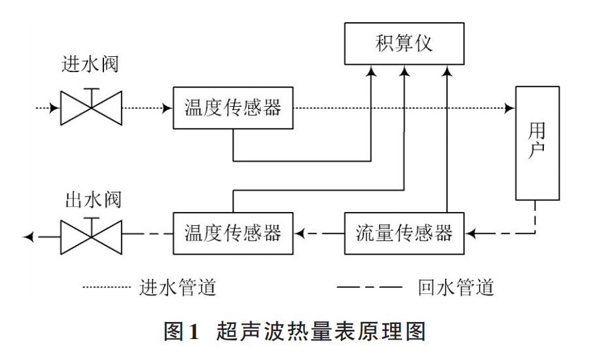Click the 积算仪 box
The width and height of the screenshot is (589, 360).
pyautogui.click(x=404, y=43)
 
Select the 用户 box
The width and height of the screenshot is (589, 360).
pyautogui.click(x=537, y=143)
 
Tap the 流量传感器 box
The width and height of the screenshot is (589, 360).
pyautogui.click(x=404, y=233)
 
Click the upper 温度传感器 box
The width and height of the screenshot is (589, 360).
pyautogui.click(x=233, y=107)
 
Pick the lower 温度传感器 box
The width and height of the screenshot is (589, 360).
pyautogui.click(x=233, y=233)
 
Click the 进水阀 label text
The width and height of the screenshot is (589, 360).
pyautogui.click(x=91, y=64)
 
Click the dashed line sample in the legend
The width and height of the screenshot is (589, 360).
pyautogui.click(x=369, y=287)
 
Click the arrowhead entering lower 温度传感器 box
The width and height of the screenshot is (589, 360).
pyautogui.click(x=298, y=233)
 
